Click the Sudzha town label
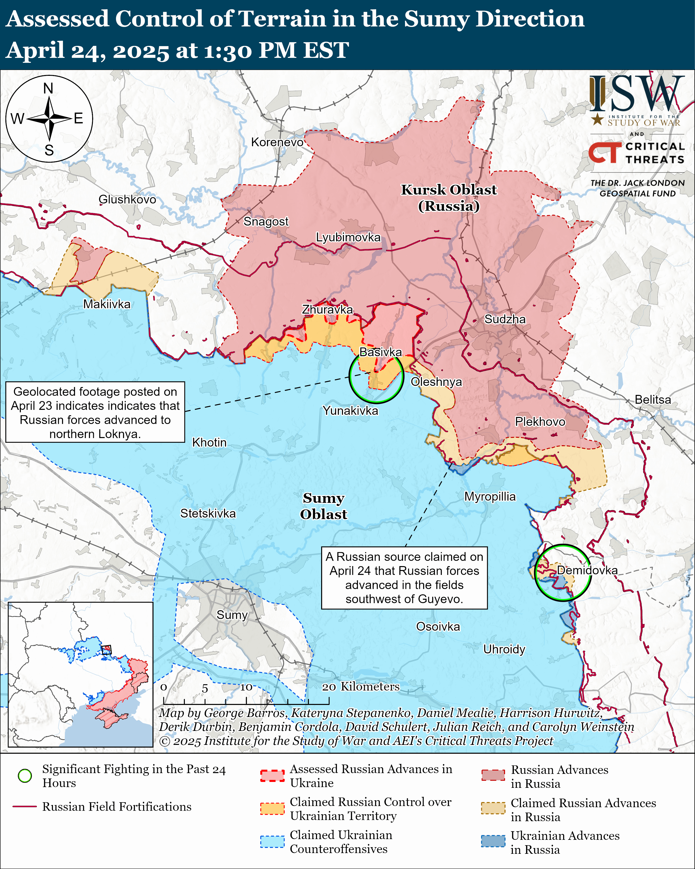pyautogui.click(x=505, y=319)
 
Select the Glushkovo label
pyautogui.click(x=127, y=199)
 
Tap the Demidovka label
pyautogui.click(x=587, y=570)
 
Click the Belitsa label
pyautogui.click(x=653, y=400)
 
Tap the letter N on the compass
pyautogui.click(x=48, y=88)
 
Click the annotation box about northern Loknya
pyautogui.click(x=95, y=412)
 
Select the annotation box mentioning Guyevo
pyautogui.click(x=404, y=578)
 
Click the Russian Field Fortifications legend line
pyautogui.click(x=25, y=806)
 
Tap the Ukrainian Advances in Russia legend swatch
pyautogui.click(x=493, y=841)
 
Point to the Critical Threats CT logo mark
pyautogui.click(x=604, y=152)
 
